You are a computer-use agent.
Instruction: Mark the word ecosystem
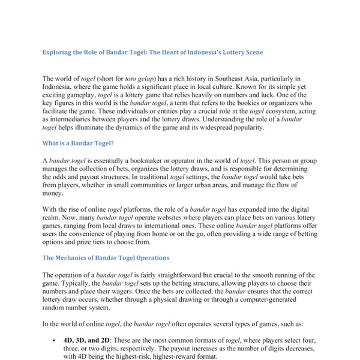point(282,112)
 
